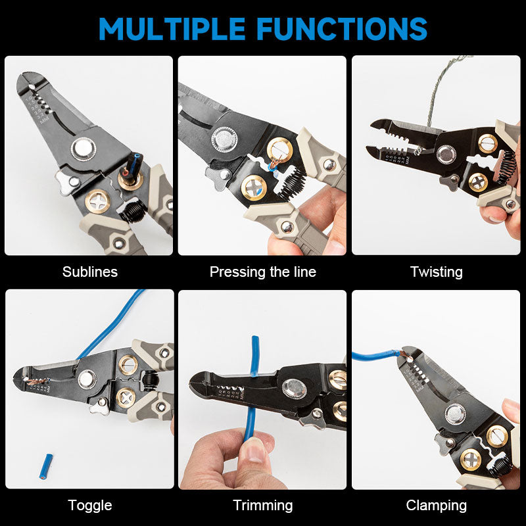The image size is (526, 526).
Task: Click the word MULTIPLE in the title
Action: point(173,28)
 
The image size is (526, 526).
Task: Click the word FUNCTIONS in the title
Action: point(342,28)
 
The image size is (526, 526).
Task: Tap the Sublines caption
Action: point(90,272)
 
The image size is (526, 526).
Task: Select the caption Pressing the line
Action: point(263,272)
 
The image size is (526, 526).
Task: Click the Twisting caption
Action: point(436,272)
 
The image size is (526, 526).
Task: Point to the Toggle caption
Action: point(90,505)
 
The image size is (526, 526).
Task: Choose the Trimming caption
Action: point(263,505)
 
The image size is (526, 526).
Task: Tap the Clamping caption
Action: point(436,505)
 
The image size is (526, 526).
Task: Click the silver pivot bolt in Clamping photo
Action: point(455,414)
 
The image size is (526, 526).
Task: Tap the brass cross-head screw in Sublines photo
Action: point(97,201)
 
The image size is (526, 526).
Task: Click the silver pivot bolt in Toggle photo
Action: point(87,378)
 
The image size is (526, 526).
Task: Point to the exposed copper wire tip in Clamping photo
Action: point(402,355)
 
